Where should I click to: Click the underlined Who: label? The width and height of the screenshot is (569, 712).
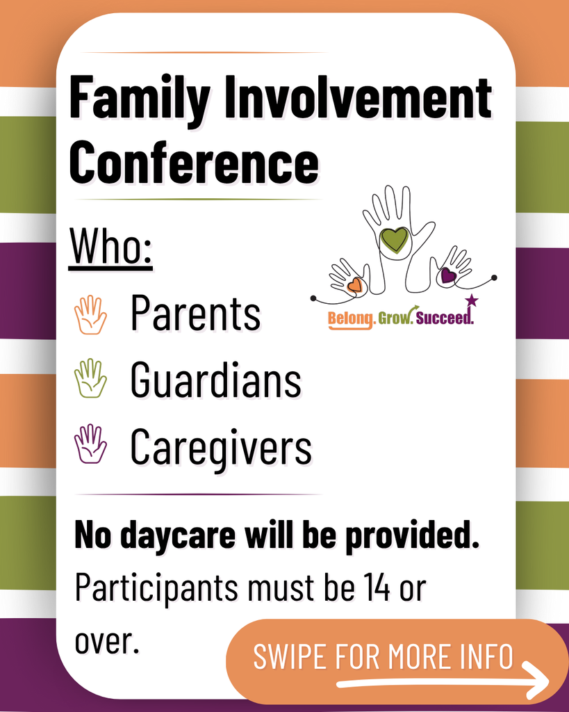112,248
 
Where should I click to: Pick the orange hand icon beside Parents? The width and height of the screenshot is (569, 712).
90,315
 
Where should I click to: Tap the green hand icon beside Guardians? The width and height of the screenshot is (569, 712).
90,378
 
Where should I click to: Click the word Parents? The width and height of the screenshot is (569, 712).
195,314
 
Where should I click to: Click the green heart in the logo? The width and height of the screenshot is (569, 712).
394,240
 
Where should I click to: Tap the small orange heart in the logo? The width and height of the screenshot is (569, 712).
355,284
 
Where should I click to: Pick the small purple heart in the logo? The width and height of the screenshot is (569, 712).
448,275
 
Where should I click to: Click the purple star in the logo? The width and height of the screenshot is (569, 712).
472,300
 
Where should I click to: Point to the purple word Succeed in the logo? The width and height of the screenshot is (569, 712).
445,319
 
